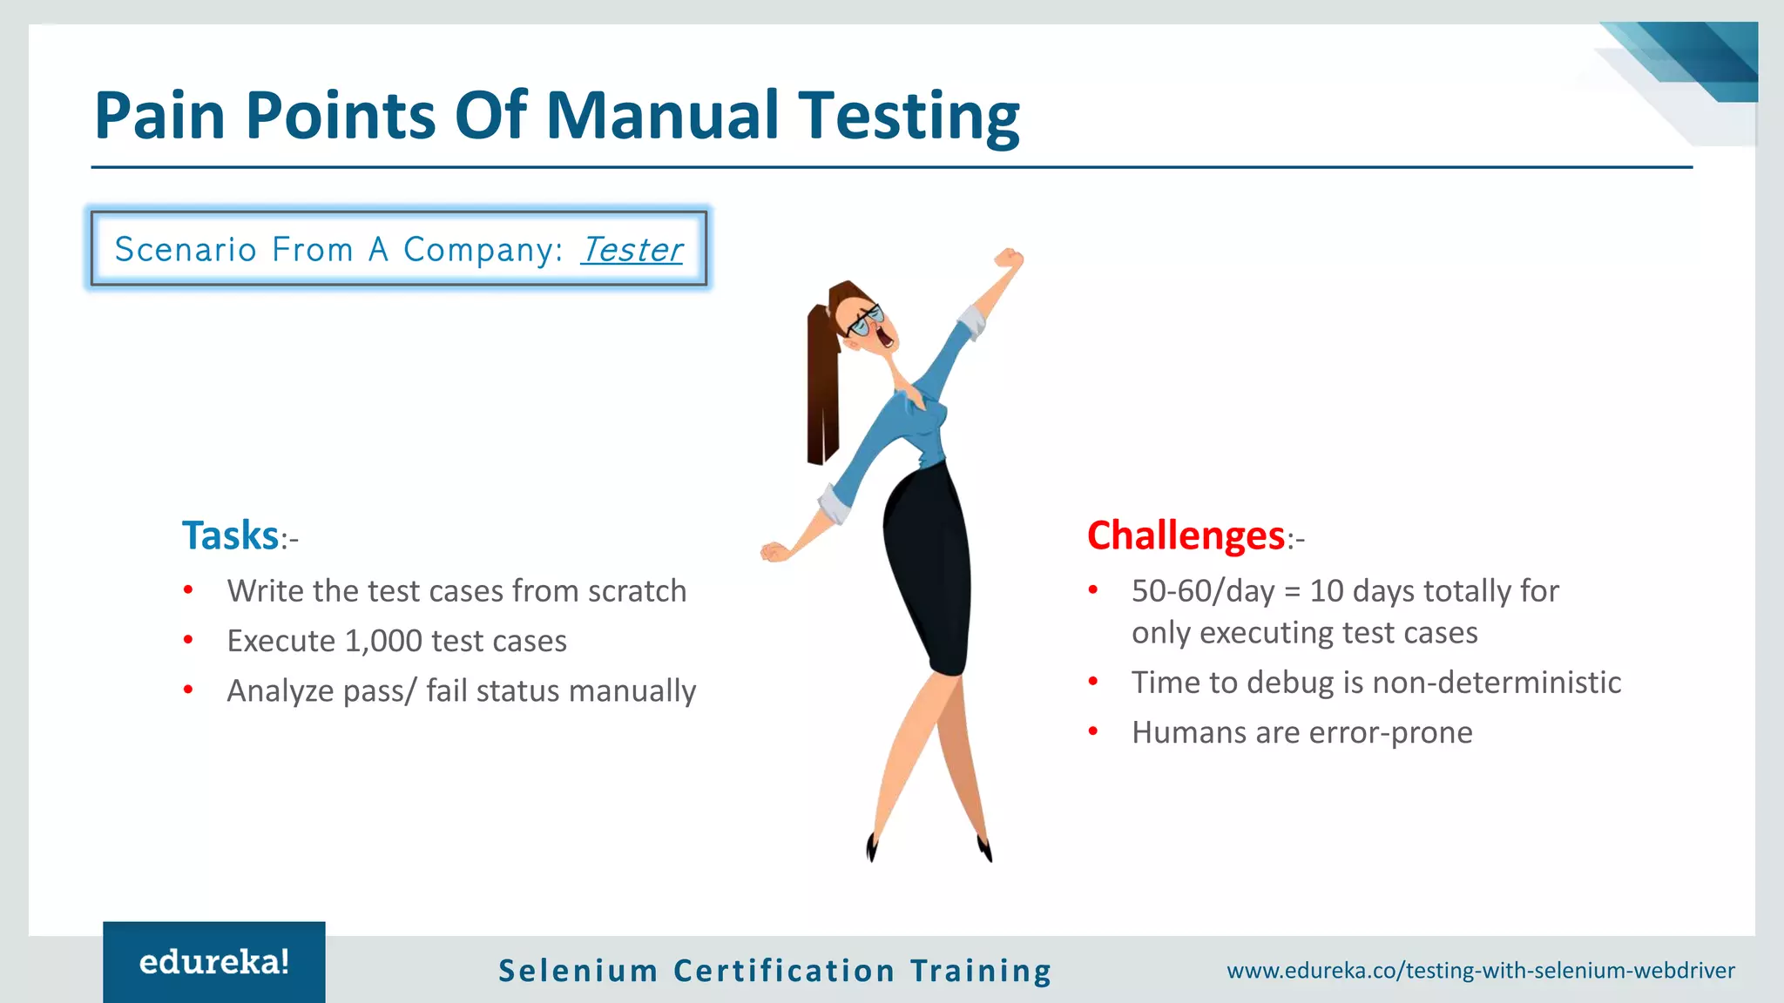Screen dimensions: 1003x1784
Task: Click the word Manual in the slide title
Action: [x=662, y=115]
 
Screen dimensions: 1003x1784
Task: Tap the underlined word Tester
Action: [x=632, y=250]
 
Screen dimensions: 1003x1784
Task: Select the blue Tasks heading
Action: [x=230, y=535]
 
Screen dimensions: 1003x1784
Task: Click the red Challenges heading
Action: [x=1186, y=535]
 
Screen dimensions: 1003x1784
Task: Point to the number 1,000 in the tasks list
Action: [x=383, y=641]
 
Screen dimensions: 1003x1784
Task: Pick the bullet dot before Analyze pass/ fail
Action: [x=188, y=690]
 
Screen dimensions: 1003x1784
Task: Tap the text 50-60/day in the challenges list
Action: [x=1203, y=591]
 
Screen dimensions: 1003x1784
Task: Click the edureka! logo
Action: [x=214, y=962]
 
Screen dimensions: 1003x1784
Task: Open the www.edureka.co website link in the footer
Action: [x=1481, y=971]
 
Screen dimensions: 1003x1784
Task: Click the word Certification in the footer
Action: [x=784, y=971]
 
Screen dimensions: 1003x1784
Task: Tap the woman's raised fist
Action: [x=1009, y=259]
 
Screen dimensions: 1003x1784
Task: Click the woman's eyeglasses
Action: [x=867, y=320]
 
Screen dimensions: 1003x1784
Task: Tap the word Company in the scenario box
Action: [x=477, y=250]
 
